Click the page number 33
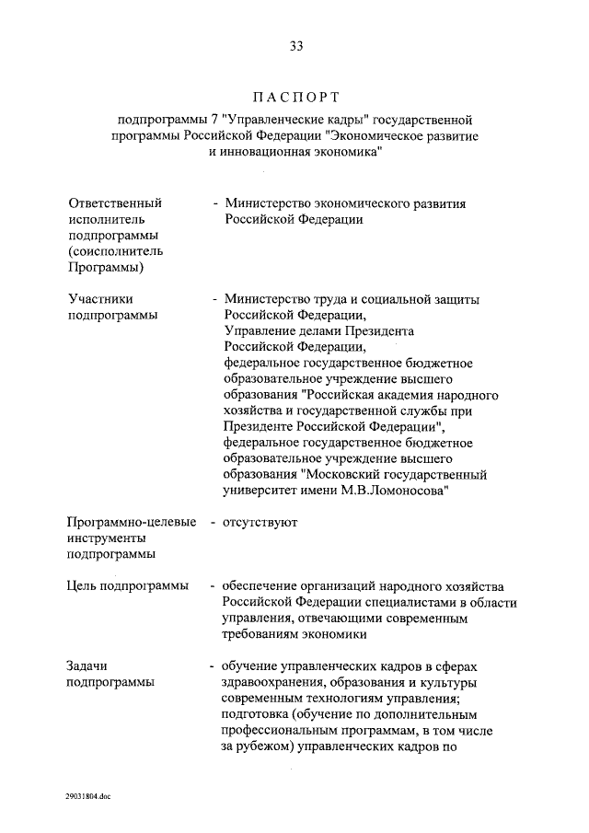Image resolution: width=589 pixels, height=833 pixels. click(295, 46)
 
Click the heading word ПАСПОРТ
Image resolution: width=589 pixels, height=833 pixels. click(294, 96)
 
